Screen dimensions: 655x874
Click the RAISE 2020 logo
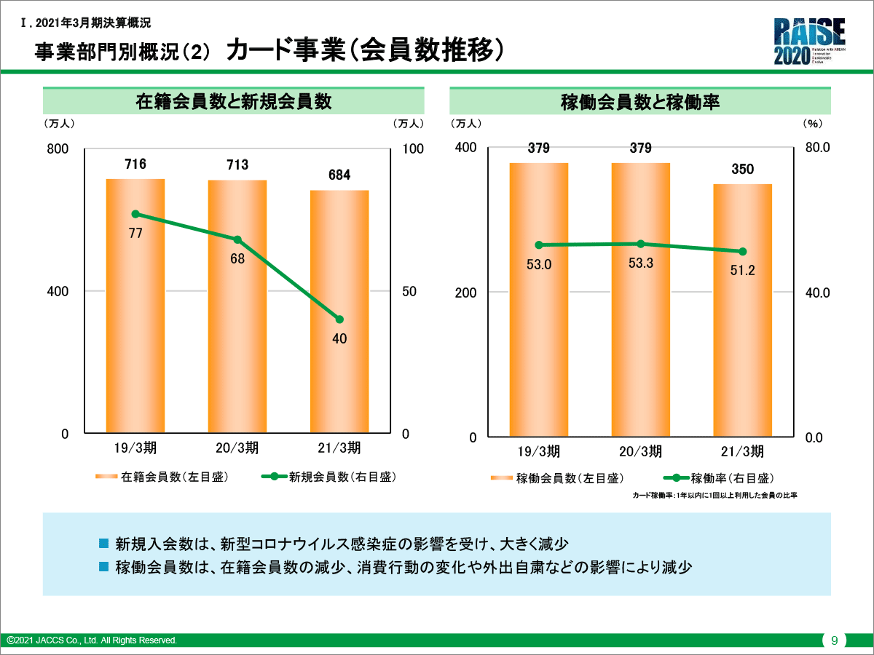pos(809,41)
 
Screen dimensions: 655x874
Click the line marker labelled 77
pos(135,214)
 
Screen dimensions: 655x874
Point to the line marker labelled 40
pos(339,319)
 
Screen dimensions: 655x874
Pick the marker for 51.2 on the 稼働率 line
pos(743,252)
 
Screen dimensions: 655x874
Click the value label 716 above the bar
pos(135,164)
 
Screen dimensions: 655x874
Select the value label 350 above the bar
pos(743,170)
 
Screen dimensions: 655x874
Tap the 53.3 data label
pos(641,263)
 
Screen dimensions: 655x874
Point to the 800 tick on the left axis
pos(58,148)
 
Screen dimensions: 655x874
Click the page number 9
pos(835,640)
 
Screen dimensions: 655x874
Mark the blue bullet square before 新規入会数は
pos(103,544)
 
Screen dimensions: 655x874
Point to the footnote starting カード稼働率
pos(714,496)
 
